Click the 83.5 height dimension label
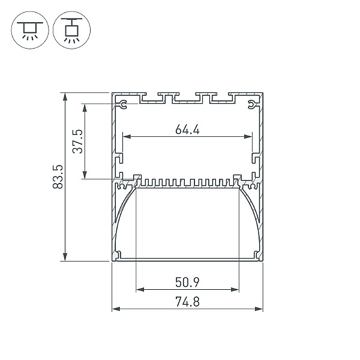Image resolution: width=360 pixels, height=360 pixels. pos(58,177)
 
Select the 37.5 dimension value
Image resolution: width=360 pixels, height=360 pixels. pos(77,142)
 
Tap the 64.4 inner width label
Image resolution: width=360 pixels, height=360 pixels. pos(187,129)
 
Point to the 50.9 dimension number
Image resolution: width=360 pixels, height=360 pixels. pos(187,282)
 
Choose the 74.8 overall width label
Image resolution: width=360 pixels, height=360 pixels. pos(187,302)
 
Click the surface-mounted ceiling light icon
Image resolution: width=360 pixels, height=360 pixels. pos(30,30)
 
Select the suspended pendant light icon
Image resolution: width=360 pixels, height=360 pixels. pos(72,30)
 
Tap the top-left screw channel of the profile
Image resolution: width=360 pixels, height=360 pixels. pos(123,104)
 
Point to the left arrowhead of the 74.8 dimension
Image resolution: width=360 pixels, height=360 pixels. pos(116,309)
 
